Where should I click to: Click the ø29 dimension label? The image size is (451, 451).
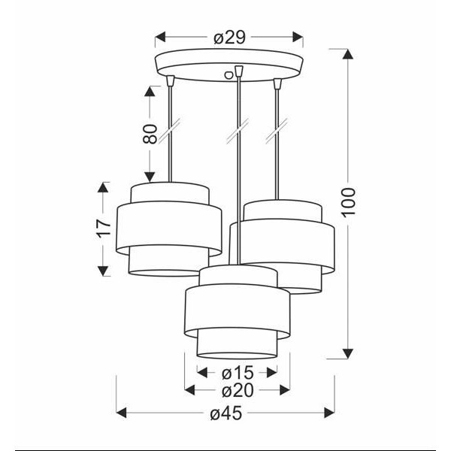coord(229,38)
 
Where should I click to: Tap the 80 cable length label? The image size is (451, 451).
coord(150,134)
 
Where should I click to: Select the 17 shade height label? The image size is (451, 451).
coord(104,229)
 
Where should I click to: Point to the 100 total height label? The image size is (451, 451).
coord(348,201)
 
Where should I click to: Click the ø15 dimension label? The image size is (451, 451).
coord(238,373)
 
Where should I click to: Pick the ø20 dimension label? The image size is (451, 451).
coord(238,391)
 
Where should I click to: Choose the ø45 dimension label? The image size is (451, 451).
coord(226,413)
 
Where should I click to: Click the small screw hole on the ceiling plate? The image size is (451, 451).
coord(228,74)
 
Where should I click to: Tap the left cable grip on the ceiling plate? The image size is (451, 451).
coord(171,80)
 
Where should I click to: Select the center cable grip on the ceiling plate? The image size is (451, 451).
coord(239,71)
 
